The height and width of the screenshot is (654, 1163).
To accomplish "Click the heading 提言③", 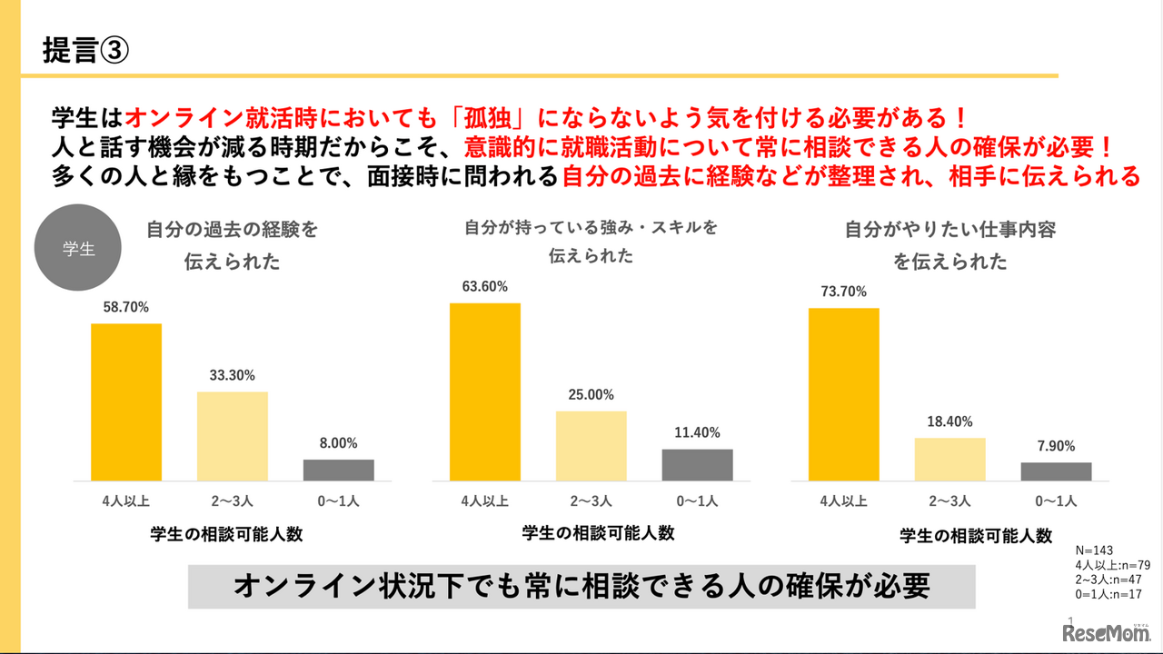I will click(86, 50).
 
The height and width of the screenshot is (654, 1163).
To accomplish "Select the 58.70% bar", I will click(126, 401).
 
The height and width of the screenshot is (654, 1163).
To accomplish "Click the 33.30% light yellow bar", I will click(233, 436).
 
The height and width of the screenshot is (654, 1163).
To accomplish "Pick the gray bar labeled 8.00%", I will click(339, 470).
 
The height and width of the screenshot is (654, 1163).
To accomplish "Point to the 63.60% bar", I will click(485, 391).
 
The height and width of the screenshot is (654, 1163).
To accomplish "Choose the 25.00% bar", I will click(591, 446).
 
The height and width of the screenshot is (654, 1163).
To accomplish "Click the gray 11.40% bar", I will click(697, 464).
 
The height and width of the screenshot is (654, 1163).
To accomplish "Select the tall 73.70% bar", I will click(844, 394).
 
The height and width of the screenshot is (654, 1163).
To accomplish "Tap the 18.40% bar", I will click(950, 459).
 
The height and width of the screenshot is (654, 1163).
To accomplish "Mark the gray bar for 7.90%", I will click(1056, 471).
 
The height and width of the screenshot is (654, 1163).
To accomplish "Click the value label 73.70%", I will click(843, 292).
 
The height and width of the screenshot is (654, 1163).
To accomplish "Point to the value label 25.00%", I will click(591, 395).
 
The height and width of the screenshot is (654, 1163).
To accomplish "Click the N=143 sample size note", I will click(1093, 550).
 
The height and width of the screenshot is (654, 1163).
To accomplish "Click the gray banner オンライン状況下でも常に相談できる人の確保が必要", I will click(581, 587).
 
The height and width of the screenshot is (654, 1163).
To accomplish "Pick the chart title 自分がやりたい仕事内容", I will click(950, 231).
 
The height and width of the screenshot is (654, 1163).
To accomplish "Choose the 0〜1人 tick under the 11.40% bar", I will click(697, 500).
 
